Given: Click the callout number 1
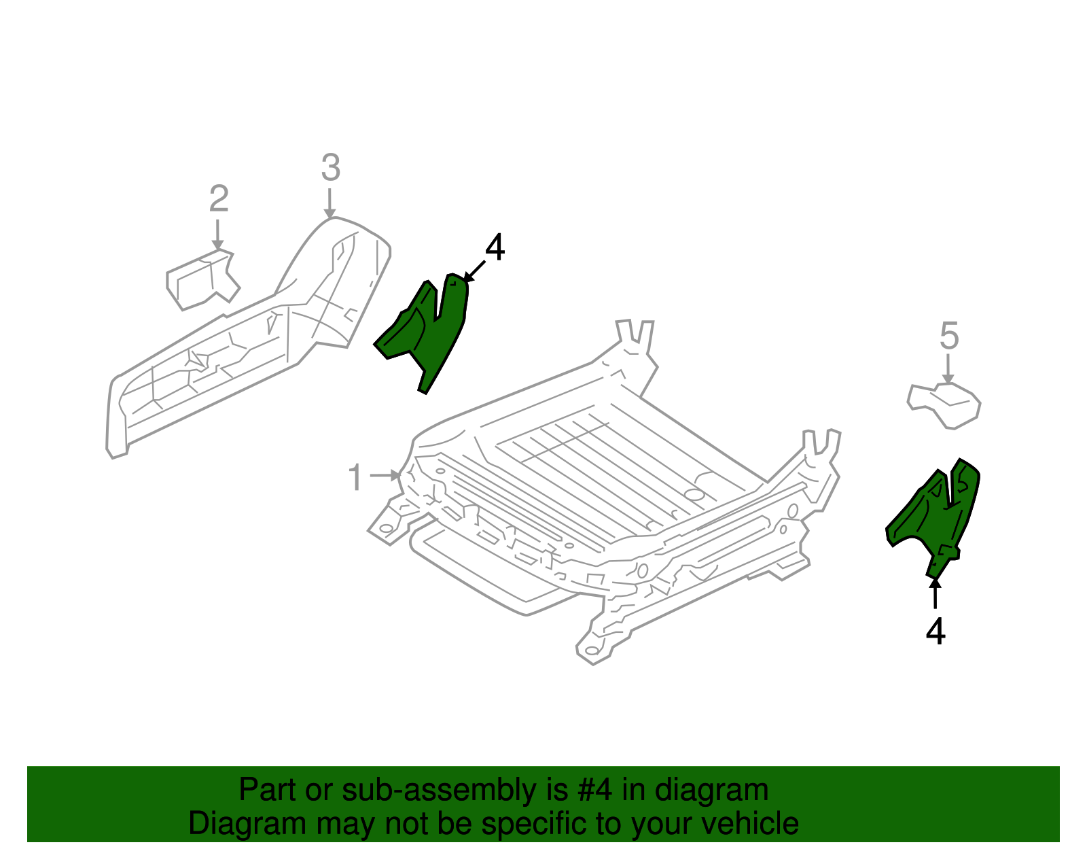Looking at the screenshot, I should pyautogui.click(x=355, y=477).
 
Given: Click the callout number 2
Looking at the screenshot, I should pyautogui.click(x=218, y=199).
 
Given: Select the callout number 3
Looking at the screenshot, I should pyautogui.click(x=330, y=168).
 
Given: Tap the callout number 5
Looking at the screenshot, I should pyautogui.click(x=948, y=336).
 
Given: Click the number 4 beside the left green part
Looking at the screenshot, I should pyautogui.click(x=495, y=248).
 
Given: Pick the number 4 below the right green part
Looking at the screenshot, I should pyautogui.click(x=935, y=632).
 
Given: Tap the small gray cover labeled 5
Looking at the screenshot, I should pyautogui.click(x=948, y=404).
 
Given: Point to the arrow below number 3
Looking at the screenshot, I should pyautogui.click(x=329, y=204).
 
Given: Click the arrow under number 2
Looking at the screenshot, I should pyautogui.click(x=217, y=235).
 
